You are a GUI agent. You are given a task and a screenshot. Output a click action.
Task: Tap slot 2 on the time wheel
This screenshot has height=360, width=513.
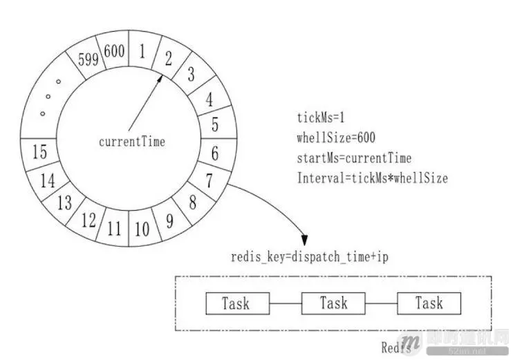click(x=169, y=58)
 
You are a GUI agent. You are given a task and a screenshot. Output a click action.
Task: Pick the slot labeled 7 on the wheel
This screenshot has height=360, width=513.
click(x=208, y=181)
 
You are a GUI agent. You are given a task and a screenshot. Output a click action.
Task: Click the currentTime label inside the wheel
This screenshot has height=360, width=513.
click(x=132, y=142)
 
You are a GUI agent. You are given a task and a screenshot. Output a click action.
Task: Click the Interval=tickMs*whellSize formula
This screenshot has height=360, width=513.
click(x=372, y=178)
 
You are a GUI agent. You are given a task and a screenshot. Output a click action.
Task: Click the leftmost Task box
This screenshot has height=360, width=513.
click(x=236, y=303)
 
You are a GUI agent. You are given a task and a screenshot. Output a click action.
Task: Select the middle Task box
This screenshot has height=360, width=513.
click(x=333, y=303)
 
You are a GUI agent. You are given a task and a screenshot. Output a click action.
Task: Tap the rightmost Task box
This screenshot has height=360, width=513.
click(x=429, y=303)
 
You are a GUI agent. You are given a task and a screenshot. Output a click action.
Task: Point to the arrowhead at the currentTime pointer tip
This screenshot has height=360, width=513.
click(x=160, y=78)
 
